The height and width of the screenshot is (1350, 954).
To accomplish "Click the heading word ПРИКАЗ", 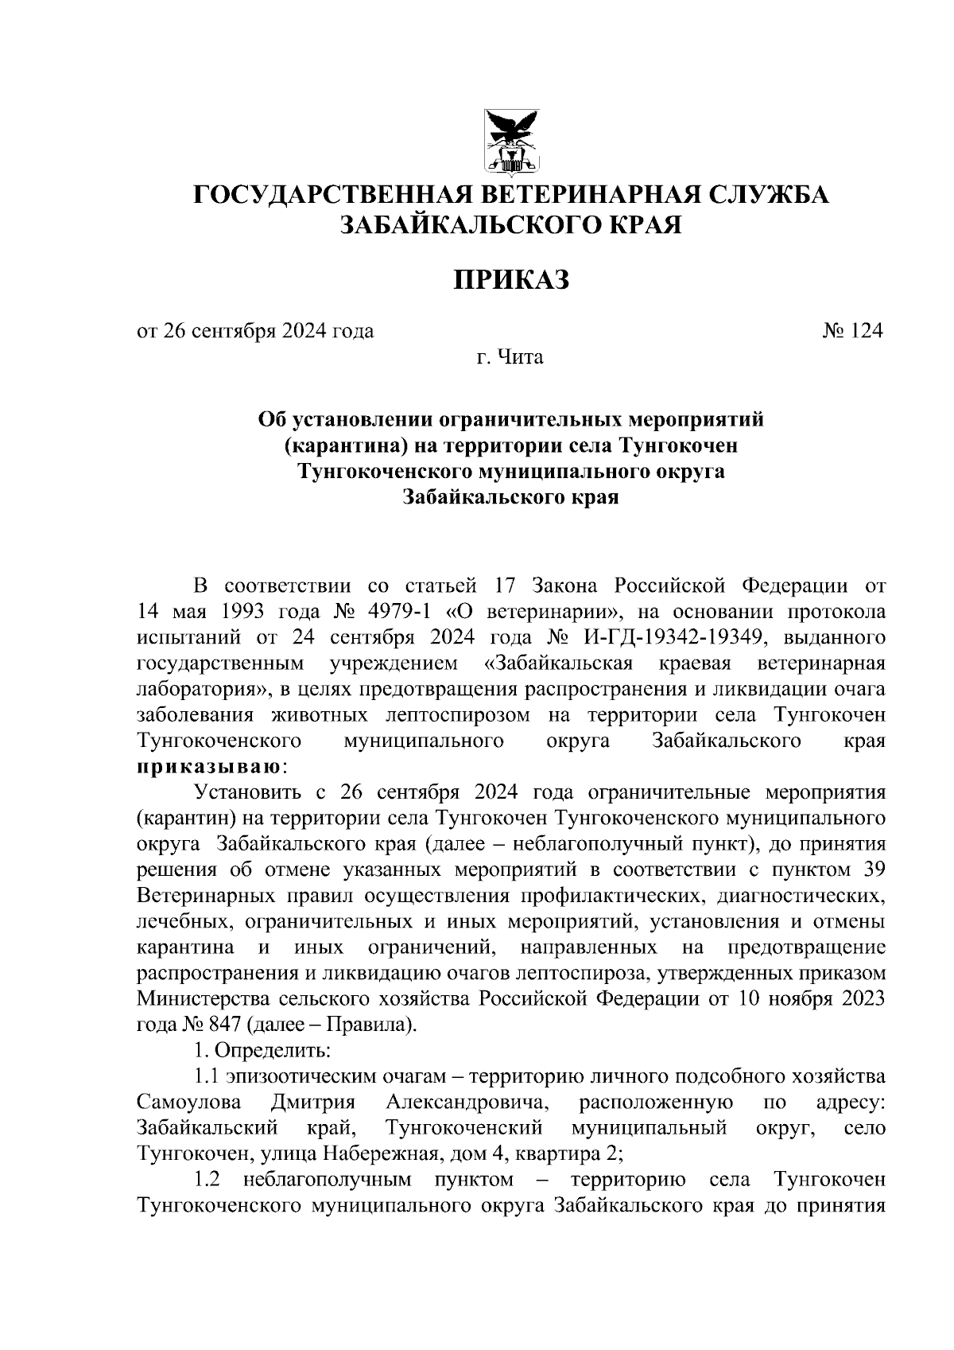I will point(511,279).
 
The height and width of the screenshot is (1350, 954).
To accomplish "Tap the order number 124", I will point(865,331).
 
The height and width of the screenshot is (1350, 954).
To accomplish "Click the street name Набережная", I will point(372,1153).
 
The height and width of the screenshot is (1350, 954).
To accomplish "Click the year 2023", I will point(859,999).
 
